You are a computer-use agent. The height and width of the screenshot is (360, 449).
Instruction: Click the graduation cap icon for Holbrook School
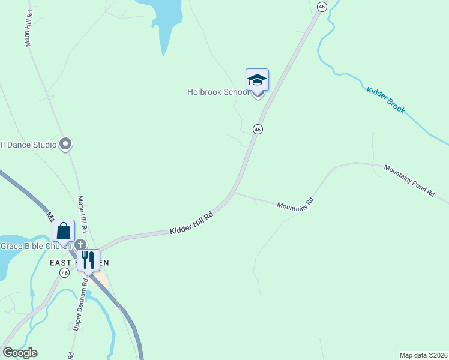pos(257,80)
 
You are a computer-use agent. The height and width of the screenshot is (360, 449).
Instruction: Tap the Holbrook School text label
pos(218,92)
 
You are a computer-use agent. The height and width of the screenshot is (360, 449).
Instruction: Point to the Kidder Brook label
pos(385,100)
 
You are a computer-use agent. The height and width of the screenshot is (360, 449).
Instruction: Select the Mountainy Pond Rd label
pos(409,180)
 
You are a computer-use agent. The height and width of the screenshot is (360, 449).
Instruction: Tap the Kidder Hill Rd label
pos(191,224)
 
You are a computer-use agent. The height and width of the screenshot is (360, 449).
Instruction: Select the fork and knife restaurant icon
pos(88,260)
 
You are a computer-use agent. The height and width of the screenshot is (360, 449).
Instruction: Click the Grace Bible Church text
pos(36,245)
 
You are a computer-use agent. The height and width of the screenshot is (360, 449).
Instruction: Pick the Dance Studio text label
pos(28,145)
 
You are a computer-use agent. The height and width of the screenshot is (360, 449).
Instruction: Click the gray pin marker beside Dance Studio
pos(66,144)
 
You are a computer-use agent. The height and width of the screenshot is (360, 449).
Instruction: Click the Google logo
pos(20,353)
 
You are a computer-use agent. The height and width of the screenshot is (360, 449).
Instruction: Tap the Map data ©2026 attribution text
pos(423,355)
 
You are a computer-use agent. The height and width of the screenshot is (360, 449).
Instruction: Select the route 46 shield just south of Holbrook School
pos(258,129)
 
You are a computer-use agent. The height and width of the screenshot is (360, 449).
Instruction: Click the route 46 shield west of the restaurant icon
pos(64,272)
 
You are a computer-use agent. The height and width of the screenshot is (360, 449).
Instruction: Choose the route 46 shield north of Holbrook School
pos(322,6)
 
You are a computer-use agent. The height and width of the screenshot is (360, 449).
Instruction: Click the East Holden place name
pos(63,263)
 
